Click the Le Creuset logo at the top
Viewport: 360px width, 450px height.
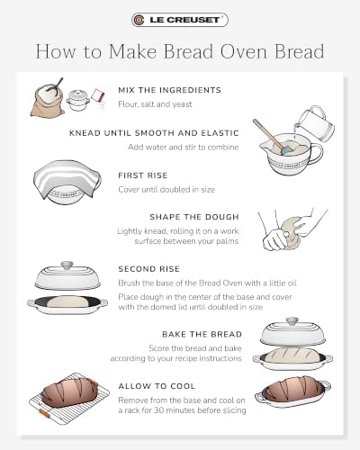click(180, 20)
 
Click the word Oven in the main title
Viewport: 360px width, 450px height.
click(245, 51)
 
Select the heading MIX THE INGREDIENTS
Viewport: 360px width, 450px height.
click(169, 90)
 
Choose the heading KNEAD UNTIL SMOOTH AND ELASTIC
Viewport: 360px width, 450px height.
click(154, 133)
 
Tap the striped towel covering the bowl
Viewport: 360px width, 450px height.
click(67, 177)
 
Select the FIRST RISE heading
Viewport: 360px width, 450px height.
click(143, 175)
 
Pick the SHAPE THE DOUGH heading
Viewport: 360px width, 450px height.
click(194, 217)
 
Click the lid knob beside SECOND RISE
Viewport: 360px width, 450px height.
click(67, 265)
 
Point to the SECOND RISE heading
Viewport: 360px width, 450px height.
click(148, 269)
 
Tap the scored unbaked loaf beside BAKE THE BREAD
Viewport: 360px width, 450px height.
click(292, 355)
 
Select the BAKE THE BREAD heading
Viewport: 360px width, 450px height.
click(202, 335)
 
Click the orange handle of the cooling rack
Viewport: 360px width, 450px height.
click(44, 414)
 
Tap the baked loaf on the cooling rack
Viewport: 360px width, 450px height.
click(69, 391)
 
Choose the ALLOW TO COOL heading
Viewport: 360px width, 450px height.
click(157, 386)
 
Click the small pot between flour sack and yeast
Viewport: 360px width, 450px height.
click(78, 100)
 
